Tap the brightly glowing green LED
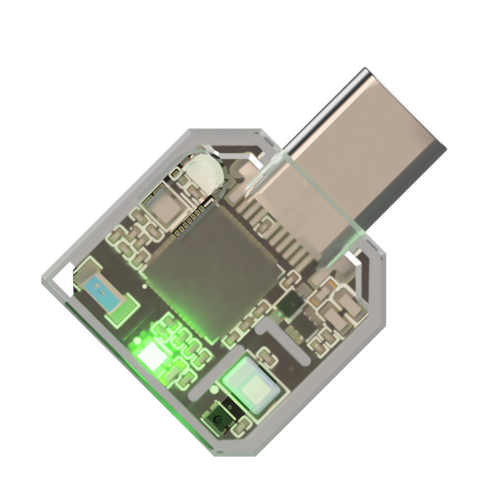[152, 353]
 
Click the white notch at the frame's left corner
[63, 278]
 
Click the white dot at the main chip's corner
[144, 285]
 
